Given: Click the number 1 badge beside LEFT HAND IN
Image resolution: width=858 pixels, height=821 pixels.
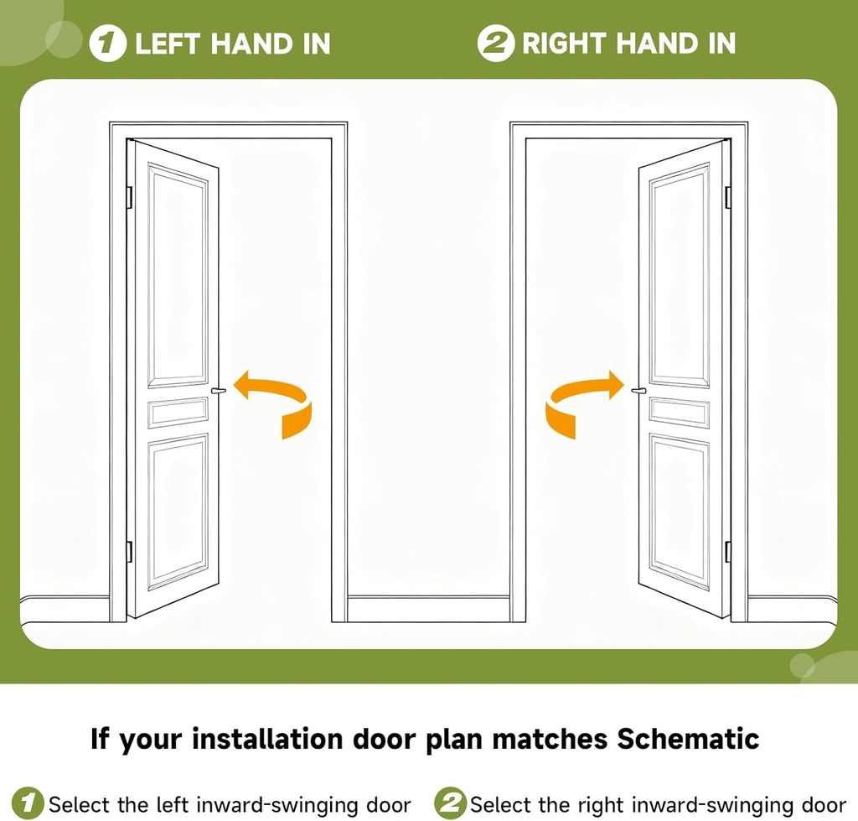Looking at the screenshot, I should [107, 44].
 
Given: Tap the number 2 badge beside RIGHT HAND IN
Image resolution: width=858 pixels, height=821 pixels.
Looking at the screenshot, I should [494, 44].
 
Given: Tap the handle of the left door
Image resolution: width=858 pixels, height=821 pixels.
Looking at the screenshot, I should [220, 390].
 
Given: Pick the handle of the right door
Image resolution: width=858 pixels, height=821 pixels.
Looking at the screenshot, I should [637, 390].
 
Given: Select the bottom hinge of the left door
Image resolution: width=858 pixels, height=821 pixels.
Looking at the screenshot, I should [129, 551].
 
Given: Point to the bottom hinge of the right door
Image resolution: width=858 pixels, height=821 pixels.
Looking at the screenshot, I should [727, 551].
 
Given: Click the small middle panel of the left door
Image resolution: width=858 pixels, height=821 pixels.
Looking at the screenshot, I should [178, 412].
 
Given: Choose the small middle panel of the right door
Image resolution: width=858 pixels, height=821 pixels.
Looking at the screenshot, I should [679, 412].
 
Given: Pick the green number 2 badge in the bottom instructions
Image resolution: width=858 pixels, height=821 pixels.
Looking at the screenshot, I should [451, 803].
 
